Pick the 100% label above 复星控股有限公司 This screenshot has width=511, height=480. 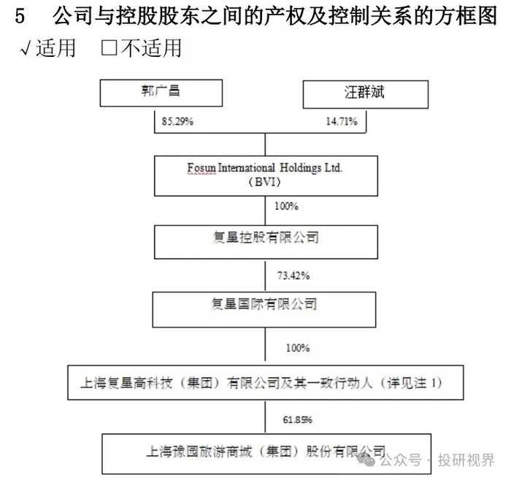point(285,206)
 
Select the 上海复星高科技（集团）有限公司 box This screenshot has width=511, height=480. point(264,382)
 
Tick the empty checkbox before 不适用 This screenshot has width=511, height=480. point(109,50)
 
